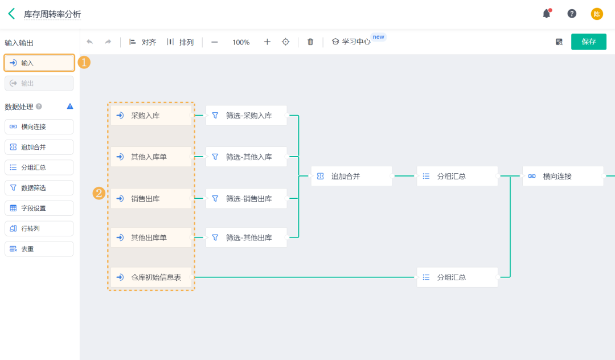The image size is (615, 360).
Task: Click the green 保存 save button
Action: point(588,42)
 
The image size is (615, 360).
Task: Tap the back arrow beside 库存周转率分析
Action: point(11,14)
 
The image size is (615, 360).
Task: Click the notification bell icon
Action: point(547,14)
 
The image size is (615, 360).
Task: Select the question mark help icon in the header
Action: point(572,14)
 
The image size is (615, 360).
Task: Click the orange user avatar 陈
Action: point(597,14)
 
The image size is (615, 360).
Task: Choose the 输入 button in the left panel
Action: point(39,63)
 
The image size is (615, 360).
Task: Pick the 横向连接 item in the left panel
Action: point(39,126)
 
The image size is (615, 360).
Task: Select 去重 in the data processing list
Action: point(39,249)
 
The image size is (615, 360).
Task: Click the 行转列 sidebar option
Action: point(39,228)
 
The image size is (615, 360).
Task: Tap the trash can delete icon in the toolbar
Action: point(310,42)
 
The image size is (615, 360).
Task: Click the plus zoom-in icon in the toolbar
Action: point(267,42)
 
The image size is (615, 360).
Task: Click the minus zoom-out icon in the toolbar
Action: point(215,42)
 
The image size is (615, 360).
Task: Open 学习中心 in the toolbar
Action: point(351,42)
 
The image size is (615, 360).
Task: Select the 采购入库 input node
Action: point(151,115)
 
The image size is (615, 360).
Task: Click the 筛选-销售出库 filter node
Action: point(246,198)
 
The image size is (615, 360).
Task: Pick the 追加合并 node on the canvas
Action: point(351,176)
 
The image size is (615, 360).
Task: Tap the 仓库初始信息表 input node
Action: point(151,277)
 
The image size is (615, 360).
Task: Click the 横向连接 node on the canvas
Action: point(563,176)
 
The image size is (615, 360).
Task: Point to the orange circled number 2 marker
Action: point(99,193)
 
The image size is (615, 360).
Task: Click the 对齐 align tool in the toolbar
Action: point(142,42)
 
